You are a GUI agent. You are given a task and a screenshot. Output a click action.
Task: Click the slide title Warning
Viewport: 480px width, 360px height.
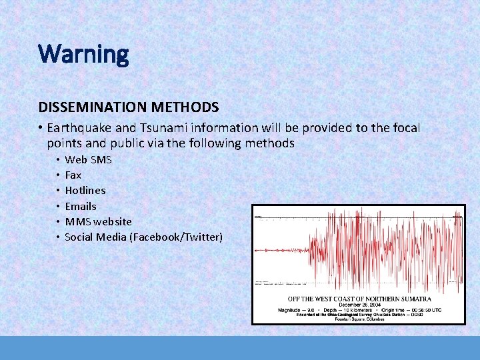(x=83, y=53)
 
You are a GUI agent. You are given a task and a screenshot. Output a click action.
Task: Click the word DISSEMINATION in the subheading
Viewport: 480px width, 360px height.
(x=83, y=107)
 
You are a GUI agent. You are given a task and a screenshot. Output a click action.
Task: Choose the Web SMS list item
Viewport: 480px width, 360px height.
(x=88, y=160)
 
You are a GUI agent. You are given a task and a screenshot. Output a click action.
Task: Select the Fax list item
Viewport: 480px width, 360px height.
(x=73, y=175)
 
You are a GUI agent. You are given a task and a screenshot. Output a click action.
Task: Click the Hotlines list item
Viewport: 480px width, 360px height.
(x=85, y=191)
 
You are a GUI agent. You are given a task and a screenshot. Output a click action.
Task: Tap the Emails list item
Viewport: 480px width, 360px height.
(x=80, y=206)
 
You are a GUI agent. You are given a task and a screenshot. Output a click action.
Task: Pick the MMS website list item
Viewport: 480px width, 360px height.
(x=98, y=221)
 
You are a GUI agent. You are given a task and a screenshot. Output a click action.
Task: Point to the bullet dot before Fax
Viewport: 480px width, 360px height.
(x=58, y=175)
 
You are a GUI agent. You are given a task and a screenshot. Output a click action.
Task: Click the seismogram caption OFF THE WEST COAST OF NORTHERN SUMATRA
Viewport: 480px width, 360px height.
(x=359, y=299)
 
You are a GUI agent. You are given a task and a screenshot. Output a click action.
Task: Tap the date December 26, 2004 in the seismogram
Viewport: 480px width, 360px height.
(x=359, y=305)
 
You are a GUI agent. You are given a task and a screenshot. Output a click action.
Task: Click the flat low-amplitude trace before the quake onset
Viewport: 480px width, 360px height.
(x=280, y=251)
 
